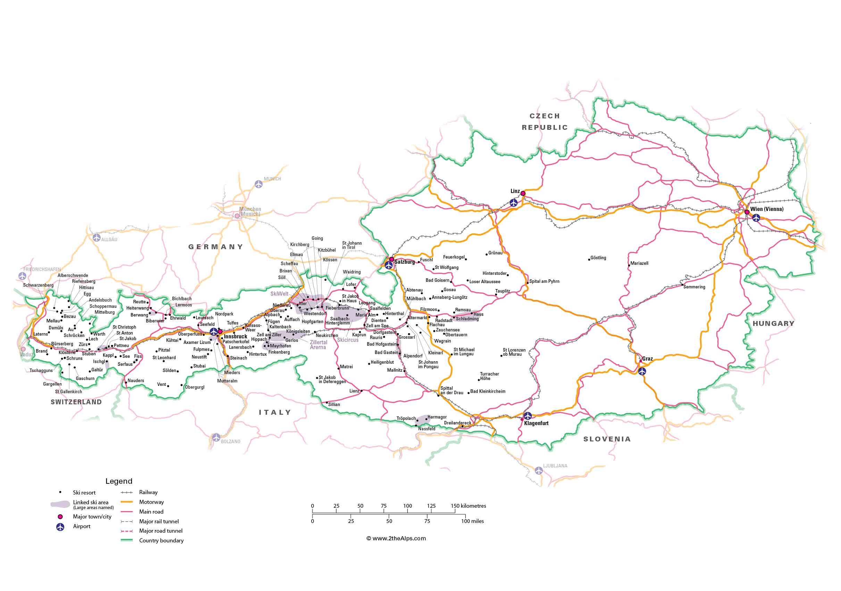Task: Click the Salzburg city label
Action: pyautogui.click(x=405, y=262)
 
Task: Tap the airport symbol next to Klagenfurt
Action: pyautogui.click(x=527, y=416)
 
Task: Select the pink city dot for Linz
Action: pyautogui.click(x=523, y=193)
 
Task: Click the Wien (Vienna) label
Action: pyautogui.click(x=767, y=209)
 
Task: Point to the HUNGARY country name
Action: pyautogui.click(x=773, y=323)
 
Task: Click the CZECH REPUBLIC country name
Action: pyautogui.click(x=545, y=121)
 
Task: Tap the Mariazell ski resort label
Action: pyautogui.click(x=639, y=263)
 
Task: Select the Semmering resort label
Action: pyautogui.click(x=694, y=287)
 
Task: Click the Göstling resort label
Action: pyautogui.click(x=598, y=258)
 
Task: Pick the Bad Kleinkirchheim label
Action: pyautogui.click(x=488, y=391)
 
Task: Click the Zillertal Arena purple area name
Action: pyautogui.click(x=318, y=345)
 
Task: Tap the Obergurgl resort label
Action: pyautogui.click(x=194, y=387)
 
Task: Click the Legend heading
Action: pyautogui.click(x=119, y=481)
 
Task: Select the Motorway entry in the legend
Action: pyautogui.click(x=151, y=502)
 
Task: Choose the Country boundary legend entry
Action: pyautogui.click(x=161, y=540)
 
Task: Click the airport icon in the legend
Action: pyautogui.click(x=60, y=526)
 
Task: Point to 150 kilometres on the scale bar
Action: pyautogui.click(x=468, y=506)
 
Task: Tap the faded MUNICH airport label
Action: pyautogui.click(x=272, y=179)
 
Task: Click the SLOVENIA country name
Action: pyautogui.click(x=607, y=439)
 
